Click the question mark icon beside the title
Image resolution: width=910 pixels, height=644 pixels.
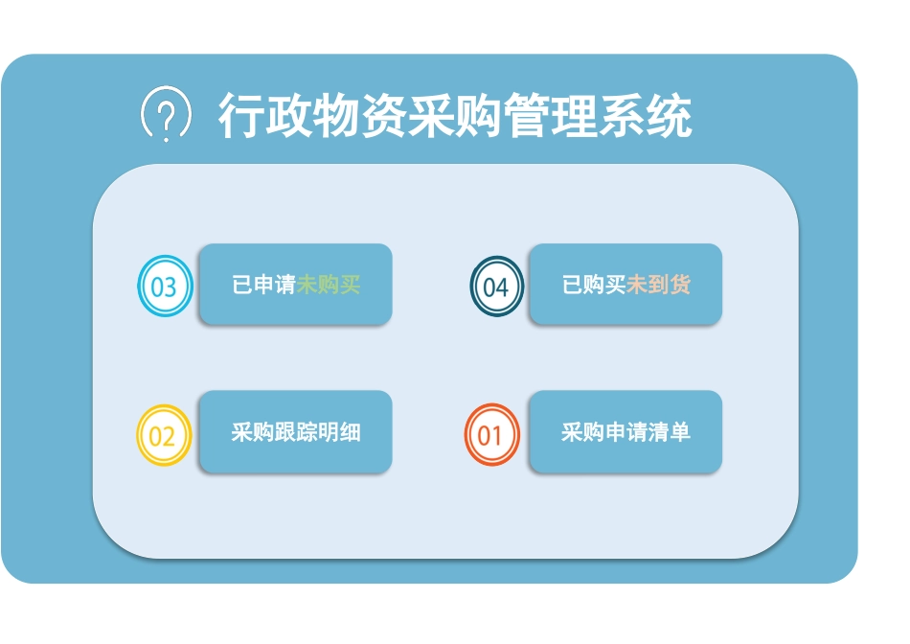(166, 115)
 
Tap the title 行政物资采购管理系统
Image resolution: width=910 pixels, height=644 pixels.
(455, 117)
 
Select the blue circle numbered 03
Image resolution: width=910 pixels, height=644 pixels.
(165, 287)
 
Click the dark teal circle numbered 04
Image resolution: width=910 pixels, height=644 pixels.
(496, 287)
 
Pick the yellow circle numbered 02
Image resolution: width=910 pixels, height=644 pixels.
(164, 436)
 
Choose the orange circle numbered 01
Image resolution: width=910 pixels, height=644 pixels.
(490, 436)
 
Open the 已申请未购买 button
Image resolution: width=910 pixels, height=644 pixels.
(296, 285)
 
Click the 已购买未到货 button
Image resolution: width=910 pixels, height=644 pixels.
(626, 285)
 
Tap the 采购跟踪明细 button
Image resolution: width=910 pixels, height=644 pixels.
(296, 432)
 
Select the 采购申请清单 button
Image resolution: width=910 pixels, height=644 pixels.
(626, 432)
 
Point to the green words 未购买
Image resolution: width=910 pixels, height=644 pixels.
(329, 286)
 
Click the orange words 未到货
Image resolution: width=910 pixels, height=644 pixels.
(658, 286)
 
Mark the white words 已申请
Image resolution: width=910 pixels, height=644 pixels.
(263, 286)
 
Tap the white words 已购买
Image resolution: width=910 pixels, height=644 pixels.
(594, 286)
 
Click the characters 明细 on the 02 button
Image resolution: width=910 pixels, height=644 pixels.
(339, 432)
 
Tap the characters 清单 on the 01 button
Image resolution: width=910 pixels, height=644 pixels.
(669, 432)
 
